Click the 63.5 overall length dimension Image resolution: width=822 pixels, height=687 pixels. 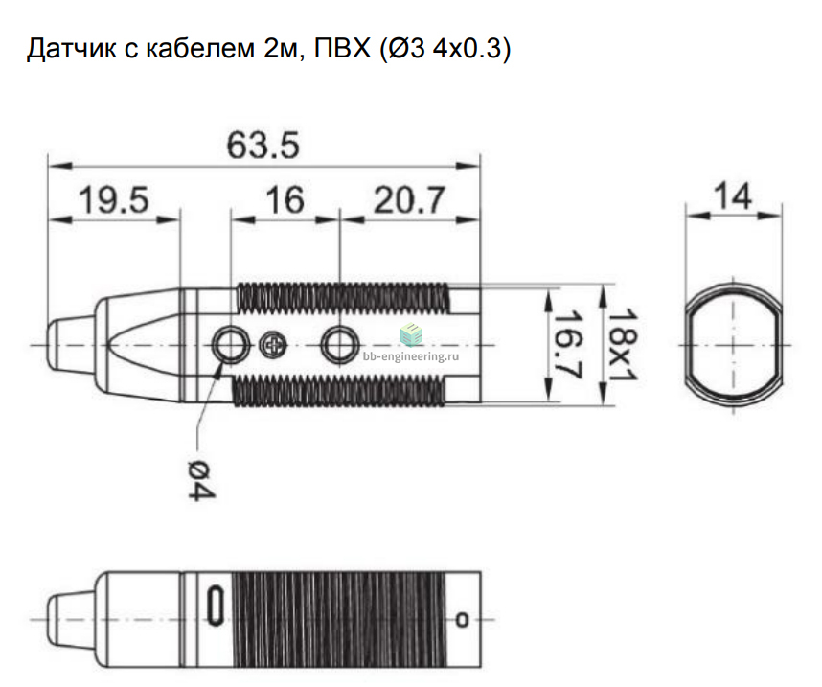coord(263,146)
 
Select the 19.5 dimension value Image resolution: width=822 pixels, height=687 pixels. coord(114,200)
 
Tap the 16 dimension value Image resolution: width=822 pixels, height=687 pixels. coord(285,200)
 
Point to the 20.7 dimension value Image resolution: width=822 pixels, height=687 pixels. coord(409,200)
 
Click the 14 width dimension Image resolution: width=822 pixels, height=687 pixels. coord(733,196)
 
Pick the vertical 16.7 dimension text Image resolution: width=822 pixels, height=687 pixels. coord(568,345)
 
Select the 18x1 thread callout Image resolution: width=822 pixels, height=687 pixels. coord(623,345)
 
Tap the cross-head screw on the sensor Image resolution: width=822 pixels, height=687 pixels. coord(273,345)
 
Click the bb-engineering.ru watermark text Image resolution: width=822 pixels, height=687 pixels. coord(411,356)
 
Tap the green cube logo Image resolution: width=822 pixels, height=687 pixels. coord(411,334)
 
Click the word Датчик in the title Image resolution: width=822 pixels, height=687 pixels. coord(71,49)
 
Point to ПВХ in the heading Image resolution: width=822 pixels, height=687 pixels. coord(342,48)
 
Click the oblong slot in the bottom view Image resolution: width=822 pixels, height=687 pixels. coord(215,606)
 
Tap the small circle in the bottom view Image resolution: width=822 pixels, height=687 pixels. coord(462,619)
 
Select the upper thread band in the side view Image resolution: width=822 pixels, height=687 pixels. coord(343,298)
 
